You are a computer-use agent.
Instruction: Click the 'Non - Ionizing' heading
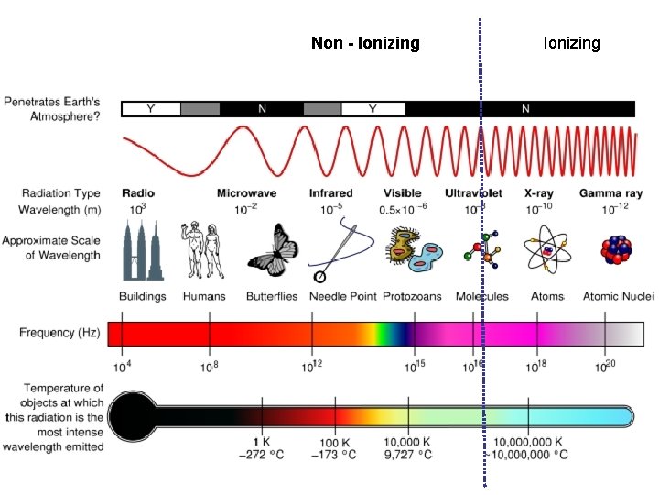(x=365, y=43)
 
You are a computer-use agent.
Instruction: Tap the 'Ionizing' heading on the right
(x=571, y=43)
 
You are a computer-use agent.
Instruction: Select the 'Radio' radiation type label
(x=138, y=193)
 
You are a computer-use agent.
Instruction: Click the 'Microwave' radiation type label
(x=246, y=193)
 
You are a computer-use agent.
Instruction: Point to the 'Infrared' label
(x=330, y=193)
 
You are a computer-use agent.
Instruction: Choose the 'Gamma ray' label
(x=610, y=193)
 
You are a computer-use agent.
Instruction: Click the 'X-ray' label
(x=540, y=193)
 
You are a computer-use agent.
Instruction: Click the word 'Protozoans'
(x=411, y=296)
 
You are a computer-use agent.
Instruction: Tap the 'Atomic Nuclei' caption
(x=618, y=296)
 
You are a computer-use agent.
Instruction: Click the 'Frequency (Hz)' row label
(x=59, y=332)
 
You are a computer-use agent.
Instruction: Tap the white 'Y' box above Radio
(x=151, y=109)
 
